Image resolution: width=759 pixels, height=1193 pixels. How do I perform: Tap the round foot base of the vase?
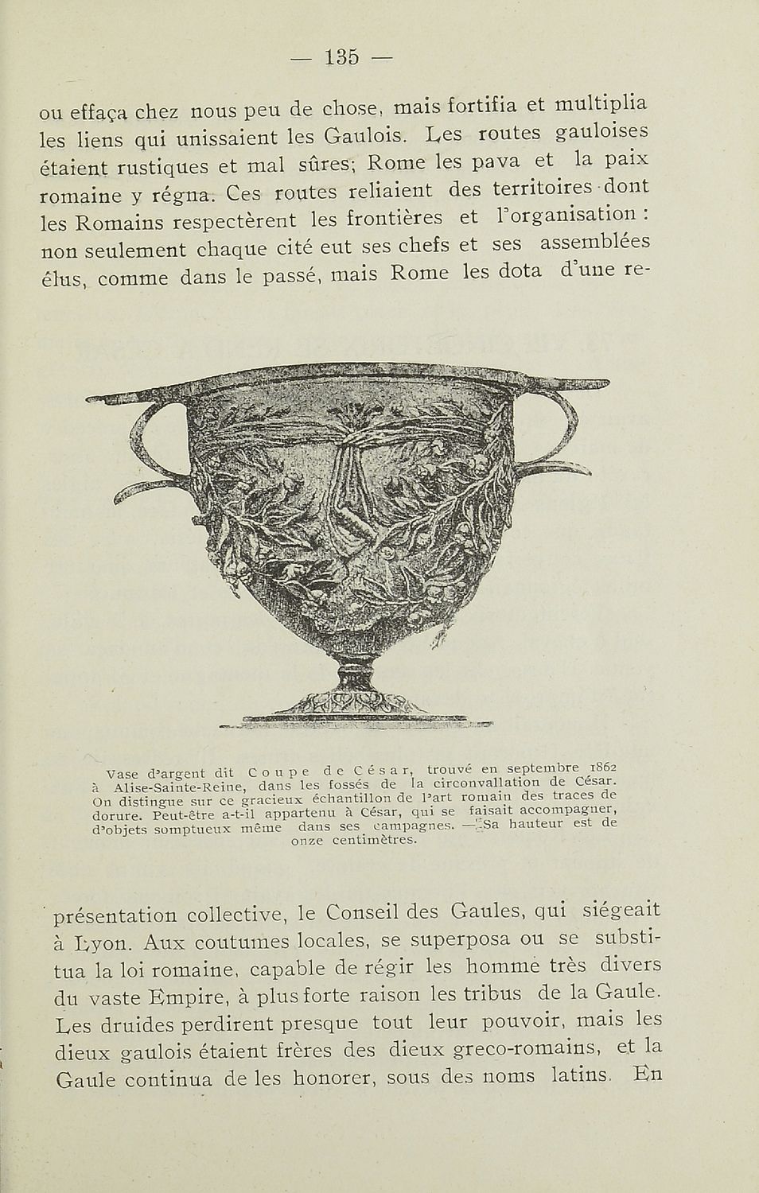[x=355, y=704]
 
